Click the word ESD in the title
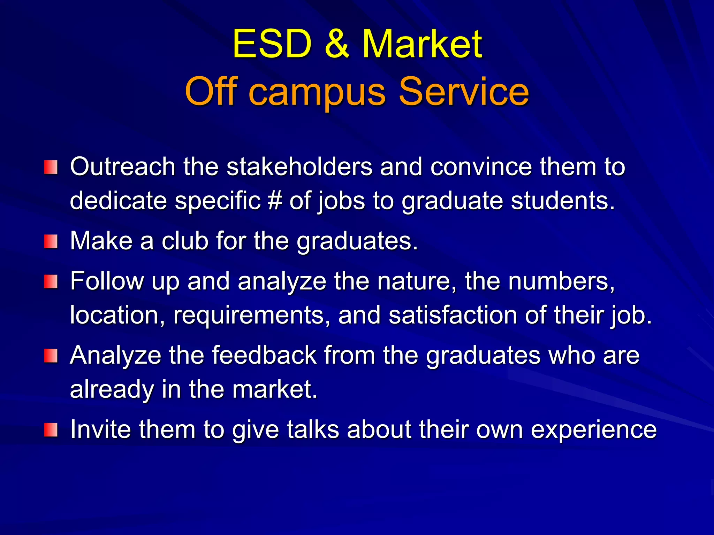point(272,44)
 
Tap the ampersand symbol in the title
point(336,44)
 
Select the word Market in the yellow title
point(422,44)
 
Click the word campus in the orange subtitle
point(318,92)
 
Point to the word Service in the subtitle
point(464,91)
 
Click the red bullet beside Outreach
point(51,168)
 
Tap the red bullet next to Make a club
point(51,241)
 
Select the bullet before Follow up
point(51,281)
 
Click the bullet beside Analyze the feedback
point(51,356)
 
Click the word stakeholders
point(299,167)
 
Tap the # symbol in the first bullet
point(275,201)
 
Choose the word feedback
point(264,355)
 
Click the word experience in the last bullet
point(594,430)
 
